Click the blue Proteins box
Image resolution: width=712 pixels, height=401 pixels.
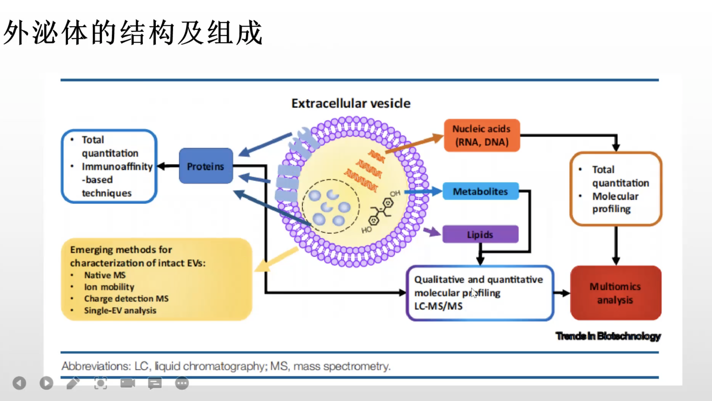point(206,166)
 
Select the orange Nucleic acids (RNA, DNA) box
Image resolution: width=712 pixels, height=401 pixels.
point(482,135)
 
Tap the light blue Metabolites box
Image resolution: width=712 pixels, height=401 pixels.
point(481,191)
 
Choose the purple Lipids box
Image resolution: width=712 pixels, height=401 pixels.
point(480,234)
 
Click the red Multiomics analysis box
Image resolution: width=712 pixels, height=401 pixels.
point(616,293)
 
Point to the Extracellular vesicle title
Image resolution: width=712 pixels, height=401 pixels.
point(351,103)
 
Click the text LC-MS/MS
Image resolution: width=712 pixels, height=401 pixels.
point(438,306)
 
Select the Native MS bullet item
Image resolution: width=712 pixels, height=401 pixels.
point(105,275)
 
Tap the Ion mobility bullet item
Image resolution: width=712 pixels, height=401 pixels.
point(109,287)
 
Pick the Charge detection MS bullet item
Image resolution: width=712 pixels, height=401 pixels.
point(126,299)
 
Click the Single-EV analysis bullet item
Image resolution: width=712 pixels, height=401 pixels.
point(120,310)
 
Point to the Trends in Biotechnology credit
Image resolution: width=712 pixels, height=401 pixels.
point(608,336)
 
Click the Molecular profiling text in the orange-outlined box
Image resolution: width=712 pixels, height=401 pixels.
point(615,203)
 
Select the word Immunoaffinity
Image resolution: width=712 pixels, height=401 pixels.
point(117,166)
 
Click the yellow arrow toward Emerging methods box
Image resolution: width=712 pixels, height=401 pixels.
point(276,260)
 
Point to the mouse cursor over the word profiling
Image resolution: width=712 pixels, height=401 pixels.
point(474,293)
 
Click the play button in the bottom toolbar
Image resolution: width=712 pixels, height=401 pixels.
point(46,383)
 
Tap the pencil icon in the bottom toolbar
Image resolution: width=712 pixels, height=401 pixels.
point(73,383)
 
